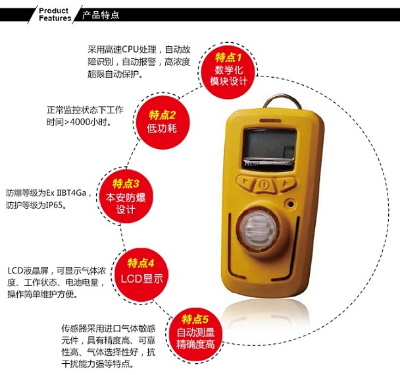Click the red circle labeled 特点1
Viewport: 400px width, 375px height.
[x=228, y=71]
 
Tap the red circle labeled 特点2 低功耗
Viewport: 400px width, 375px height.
[x=162, y=122]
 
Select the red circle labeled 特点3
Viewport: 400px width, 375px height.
[x=126, y=196]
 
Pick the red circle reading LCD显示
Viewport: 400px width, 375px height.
[x=141, y=275]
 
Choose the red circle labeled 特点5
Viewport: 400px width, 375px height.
[x=195, y=334]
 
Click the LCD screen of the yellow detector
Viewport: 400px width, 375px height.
[x=269, y=148]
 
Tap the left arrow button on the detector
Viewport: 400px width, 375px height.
[x=246, y=181]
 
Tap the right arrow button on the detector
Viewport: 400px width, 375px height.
[x=286, y=183]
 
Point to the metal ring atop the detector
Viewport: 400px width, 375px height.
[x=282, y=98]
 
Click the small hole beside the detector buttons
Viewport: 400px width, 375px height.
[x=290, y=204]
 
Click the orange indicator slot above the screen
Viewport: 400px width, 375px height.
[x=270, y=120]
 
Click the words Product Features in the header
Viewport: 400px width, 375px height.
[x=55, y=14]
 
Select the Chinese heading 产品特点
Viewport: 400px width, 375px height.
[x=101, y=14]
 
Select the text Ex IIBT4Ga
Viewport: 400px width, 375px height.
[x=66, y=192]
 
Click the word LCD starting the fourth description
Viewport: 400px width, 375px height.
[x=15, y=270]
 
